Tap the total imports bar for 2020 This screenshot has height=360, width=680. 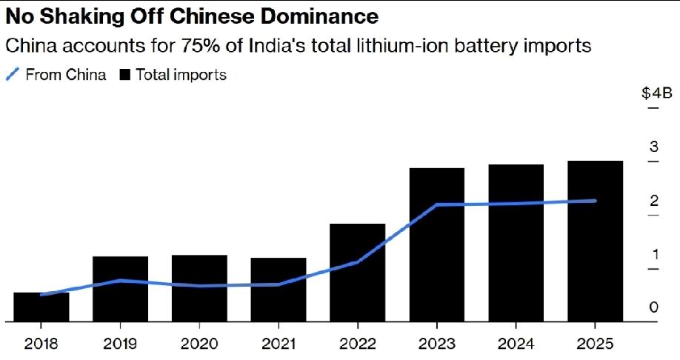[199, 290]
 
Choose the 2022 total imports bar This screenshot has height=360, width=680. [357, 273]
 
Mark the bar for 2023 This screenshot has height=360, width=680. [436, 245]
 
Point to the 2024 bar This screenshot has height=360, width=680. [516, 244]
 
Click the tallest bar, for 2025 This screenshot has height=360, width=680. [595, 241]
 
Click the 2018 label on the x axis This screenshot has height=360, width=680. [41, 344]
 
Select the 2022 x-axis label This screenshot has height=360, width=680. [357, 344]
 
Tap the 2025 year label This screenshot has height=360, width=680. [595, 344]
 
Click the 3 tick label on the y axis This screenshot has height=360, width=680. [654, 147]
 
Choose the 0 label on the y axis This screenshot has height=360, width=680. [654, 307]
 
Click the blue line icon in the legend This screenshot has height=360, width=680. [13, 74]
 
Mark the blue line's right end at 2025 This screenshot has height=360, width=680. [595, 201]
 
